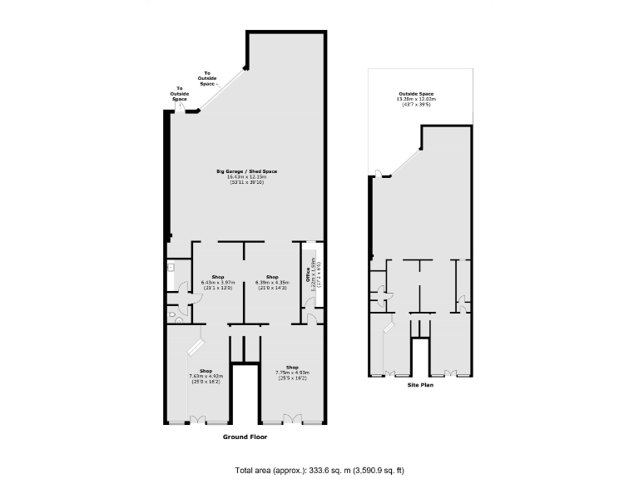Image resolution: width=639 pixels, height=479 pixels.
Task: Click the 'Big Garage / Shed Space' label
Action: tap(251, 171)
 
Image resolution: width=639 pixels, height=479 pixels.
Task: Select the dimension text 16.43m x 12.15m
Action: tap(251, 176)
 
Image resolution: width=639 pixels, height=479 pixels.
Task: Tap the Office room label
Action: tap(307, 274)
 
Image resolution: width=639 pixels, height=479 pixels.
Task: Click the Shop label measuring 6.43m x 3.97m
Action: tap(218, 276)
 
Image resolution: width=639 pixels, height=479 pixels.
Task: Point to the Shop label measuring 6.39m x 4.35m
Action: tap(272, 276)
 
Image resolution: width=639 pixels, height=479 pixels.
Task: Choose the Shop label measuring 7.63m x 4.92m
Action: tap(206, 371)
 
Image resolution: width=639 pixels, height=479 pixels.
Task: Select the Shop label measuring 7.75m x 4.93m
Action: tap(292, 367)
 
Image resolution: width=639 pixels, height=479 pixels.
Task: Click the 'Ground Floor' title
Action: tap(245, 437)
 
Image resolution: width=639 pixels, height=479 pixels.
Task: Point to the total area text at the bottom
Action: tap(319, 470)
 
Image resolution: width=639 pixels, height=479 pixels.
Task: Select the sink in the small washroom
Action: tap(171, 268)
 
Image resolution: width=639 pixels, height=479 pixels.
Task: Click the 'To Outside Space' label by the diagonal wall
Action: tap(207, 79)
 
